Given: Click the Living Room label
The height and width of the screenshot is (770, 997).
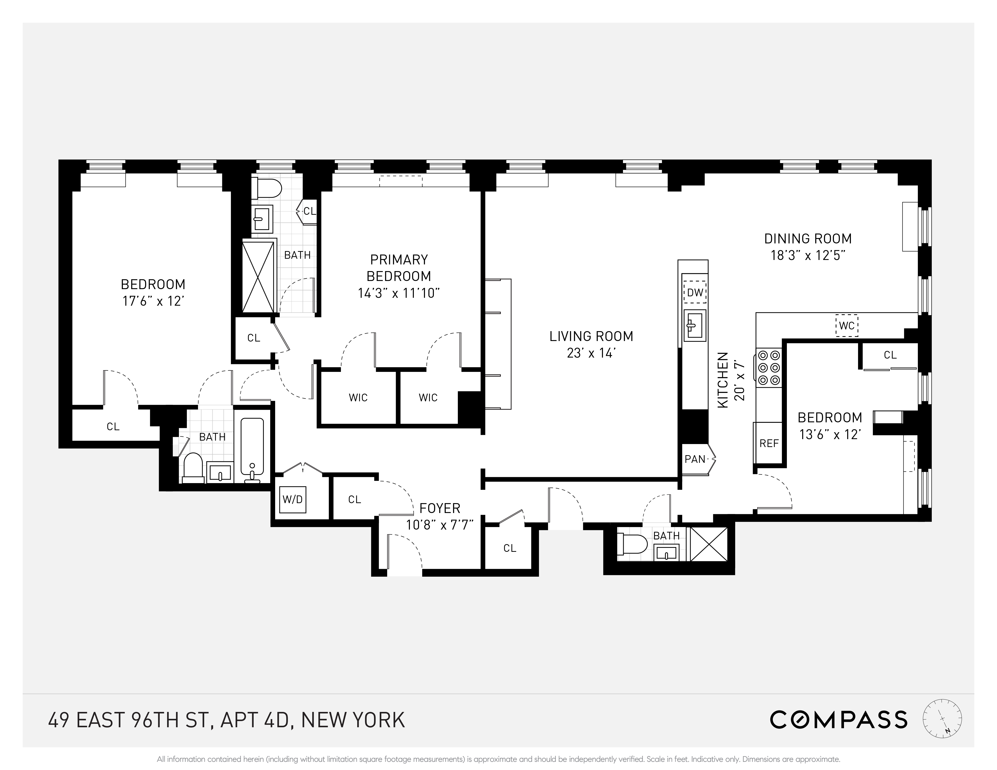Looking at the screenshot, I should pos(591,336).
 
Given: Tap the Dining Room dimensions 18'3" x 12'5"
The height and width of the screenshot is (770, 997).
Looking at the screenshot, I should pos(808,255).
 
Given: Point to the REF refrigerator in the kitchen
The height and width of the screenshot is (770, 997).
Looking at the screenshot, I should pos(769,443).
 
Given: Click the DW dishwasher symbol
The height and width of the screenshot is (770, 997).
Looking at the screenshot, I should pos(695,292).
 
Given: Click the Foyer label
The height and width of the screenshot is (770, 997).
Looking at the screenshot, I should pos(440,508).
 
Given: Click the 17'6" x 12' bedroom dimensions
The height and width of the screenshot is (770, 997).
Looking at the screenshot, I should pos(153,301).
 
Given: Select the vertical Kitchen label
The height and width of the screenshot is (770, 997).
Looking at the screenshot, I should pos(723,380).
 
